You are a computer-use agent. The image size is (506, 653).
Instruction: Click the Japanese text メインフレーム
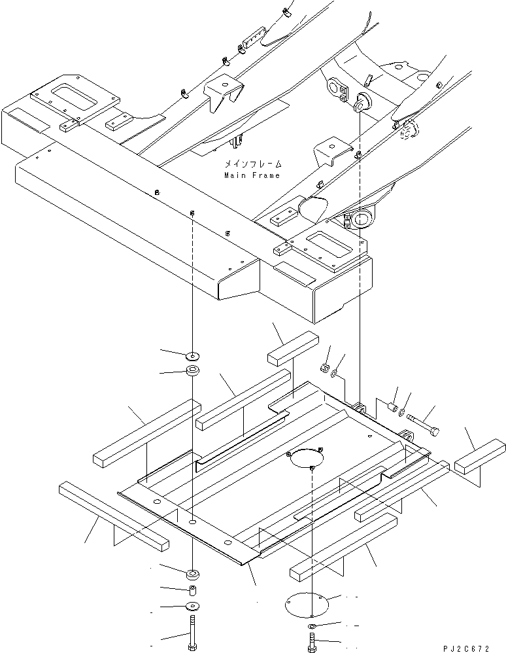pos(253,164)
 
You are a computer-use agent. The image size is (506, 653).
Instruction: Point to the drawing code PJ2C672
pos(466,649)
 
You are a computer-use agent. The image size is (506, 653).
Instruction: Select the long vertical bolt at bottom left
pos(192,633)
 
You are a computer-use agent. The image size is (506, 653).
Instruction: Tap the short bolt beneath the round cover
pos(311,642)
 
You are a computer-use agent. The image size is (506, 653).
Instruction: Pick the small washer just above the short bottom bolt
pos(312,626)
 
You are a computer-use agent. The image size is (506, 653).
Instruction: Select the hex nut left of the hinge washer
pos(324,368)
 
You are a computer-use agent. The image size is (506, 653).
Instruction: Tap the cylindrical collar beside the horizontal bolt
pos(392,406)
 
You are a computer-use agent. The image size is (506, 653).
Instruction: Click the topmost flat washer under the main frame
pos(193,356)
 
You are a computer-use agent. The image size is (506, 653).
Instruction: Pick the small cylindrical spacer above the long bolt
pos(192,591)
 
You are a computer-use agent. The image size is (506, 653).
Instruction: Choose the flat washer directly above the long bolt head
pos(193,605)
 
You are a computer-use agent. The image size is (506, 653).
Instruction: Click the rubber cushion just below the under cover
pos(193,574)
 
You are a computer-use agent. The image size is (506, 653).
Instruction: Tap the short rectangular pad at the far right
pos(480,456)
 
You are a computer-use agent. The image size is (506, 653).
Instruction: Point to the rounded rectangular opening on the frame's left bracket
pos(75,96)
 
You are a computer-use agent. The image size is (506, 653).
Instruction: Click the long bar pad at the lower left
pos(114,516)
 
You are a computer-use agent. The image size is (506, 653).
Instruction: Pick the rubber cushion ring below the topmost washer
pos(193,370)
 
